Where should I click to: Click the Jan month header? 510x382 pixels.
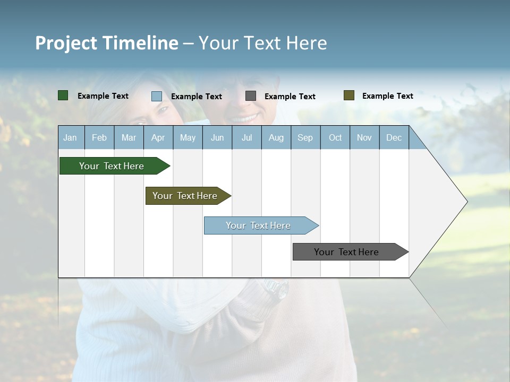(71, 137)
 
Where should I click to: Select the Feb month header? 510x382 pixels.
(99, 137)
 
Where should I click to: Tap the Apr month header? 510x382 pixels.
(158, 137)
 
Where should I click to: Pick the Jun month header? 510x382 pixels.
(217, 137)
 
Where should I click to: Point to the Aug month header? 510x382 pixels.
(276, 137)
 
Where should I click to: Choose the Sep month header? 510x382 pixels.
(305, 137)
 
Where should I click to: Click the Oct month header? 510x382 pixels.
(335, 137)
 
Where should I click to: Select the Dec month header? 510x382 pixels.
(394, 137)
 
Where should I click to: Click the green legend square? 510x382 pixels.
(63, 95)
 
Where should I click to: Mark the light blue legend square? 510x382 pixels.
(157, 96)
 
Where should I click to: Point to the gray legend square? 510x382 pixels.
(251, 96)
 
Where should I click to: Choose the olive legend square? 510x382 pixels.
(348, 95)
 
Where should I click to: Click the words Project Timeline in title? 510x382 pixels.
(107, 43)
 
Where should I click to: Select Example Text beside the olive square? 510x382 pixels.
(387, 96)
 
